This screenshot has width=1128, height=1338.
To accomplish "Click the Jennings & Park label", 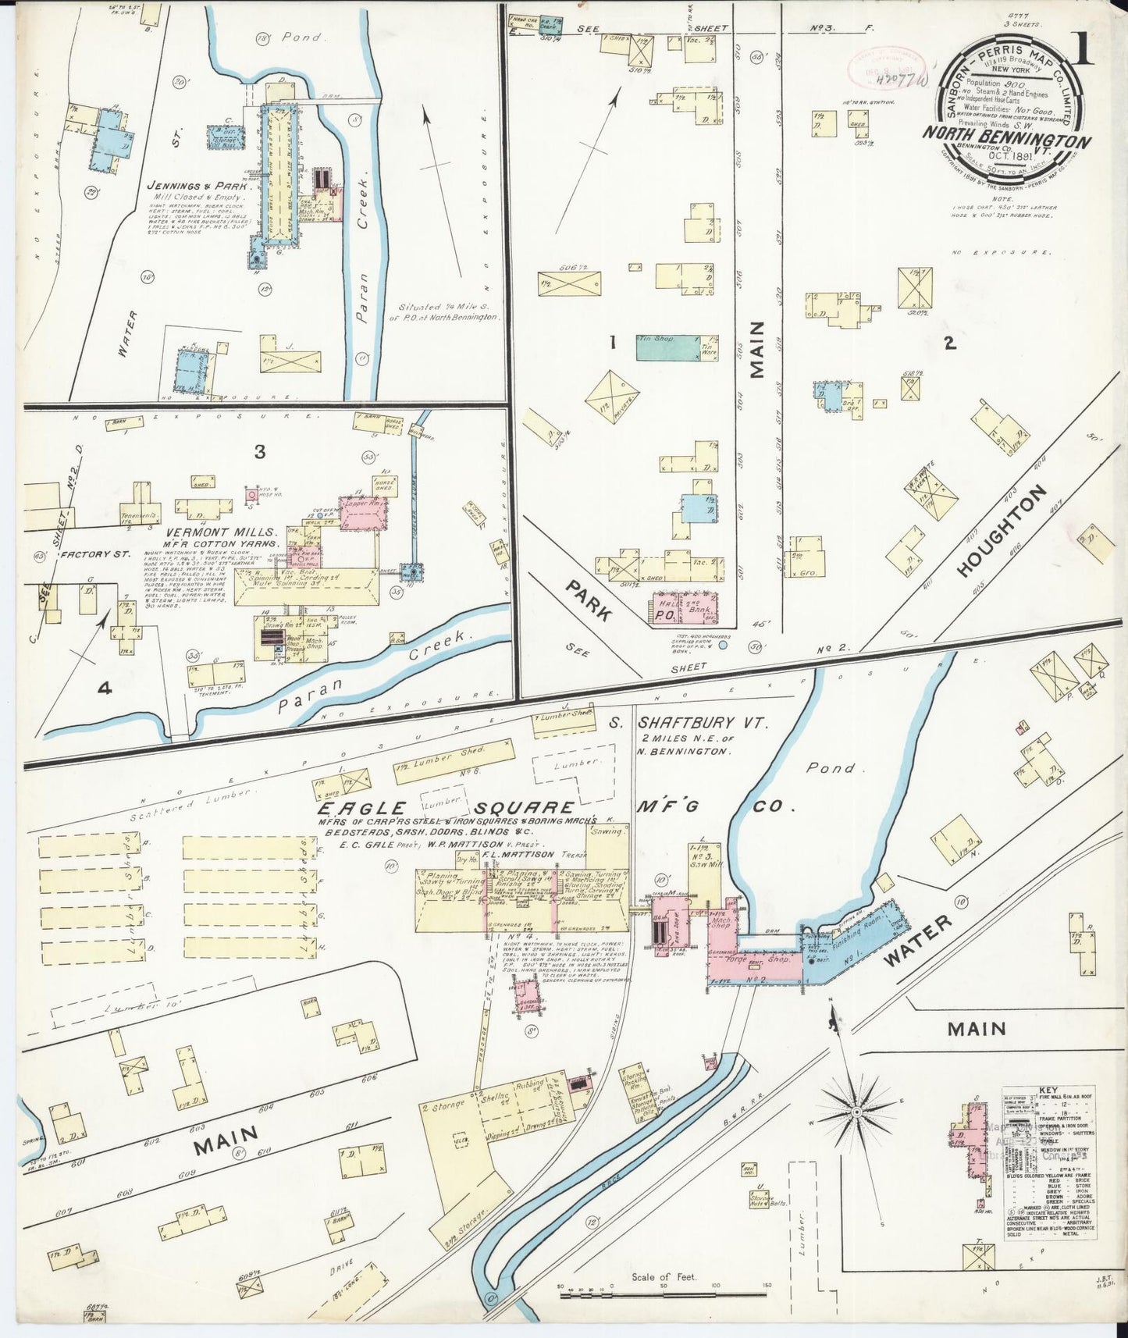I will click(x=199, y=187).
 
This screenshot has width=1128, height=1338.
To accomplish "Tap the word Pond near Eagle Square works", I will click(x=831, y=767).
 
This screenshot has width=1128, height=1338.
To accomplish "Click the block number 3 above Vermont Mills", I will click(x=259, y=451).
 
